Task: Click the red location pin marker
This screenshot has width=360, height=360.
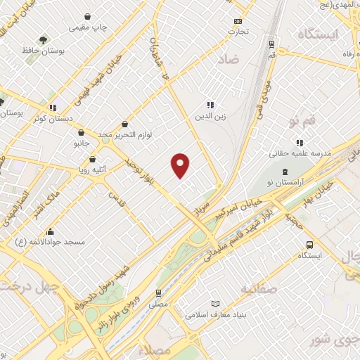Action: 181,165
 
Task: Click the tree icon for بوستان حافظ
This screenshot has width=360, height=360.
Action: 44,39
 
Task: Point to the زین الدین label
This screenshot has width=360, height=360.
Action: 210,117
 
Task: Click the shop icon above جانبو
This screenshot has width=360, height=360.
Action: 82,132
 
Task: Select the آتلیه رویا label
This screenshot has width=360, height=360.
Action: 93,169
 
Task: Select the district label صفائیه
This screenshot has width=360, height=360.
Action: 258,288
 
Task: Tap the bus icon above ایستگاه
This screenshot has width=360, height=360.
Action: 309,245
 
